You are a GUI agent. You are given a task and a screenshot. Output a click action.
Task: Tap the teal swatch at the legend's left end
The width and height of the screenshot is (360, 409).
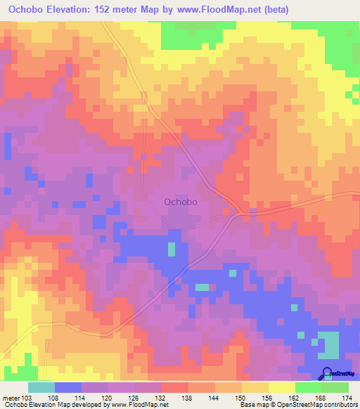tap(41, 387)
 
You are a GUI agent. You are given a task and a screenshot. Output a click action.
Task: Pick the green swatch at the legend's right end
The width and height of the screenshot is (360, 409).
tap(335, 387)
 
